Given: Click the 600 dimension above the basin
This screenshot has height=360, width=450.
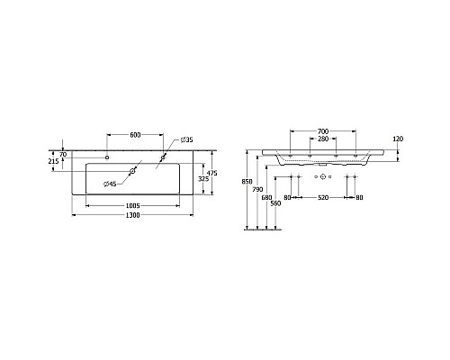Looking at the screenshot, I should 136,135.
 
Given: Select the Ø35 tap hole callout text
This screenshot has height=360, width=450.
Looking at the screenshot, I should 185,140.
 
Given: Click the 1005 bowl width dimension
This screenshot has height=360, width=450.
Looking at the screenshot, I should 136,205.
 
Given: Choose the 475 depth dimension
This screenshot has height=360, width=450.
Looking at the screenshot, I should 213,174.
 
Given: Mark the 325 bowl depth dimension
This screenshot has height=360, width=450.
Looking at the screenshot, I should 202,180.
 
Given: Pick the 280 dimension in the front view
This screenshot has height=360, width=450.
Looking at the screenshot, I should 321,139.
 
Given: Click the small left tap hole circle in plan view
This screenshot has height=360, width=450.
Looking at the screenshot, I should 107,157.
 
